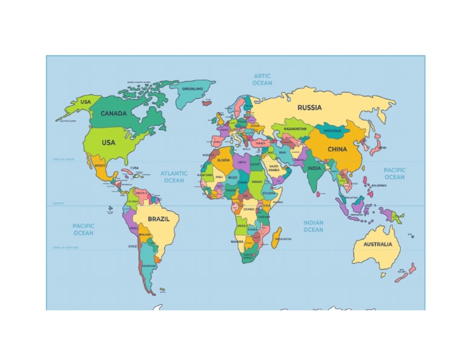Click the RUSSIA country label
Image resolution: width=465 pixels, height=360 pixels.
coord(309,108)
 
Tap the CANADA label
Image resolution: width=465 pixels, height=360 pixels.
coord(113,114)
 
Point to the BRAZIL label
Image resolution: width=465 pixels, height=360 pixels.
coord(159,219)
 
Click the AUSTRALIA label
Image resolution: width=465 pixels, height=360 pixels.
coord(377,245)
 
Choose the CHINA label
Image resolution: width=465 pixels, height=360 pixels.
coord(337,149)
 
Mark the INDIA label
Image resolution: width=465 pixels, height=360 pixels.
coord(314,168)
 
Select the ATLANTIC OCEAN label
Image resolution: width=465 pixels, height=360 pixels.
coord(174,176)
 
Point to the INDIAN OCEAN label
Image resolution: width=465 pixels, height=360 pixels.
coord(313,226)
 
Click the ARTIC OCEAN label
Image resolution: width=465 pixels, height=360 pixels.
coord(262,79)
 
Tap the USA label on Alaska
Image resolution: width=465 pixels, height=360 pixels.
coord(86,102)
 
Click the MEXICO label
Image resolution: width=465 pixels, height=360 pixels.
coord(100,165)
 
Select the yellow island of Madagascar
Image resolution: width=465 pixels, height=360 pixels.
coord(277,237)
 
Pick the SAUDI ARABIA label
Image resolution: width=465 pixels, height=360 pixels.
coord(274,168)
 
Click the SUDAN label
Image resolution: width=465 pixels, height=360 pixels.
coord(257,181)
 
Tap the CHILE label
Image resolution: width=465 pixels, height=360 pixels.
coord(133,247)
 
